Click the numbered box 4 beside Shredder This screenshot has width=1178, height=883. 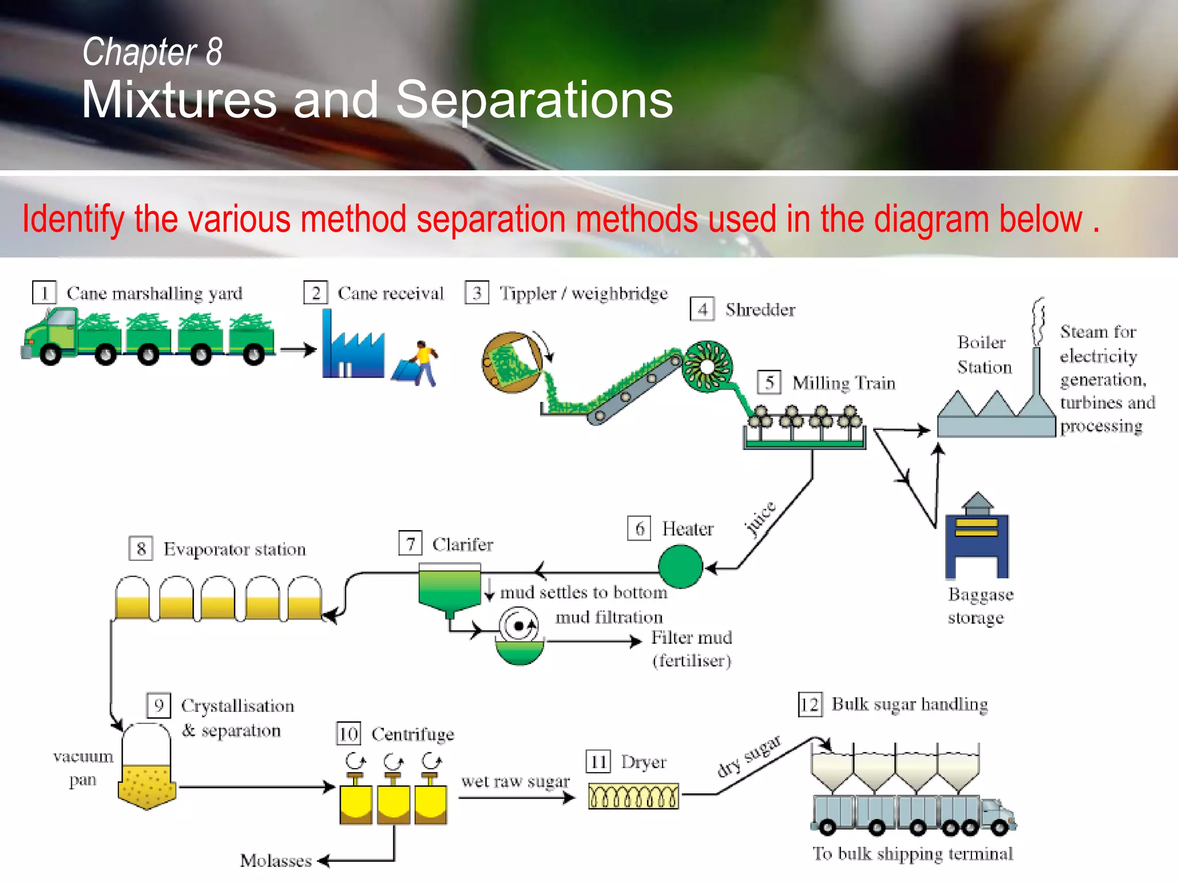pyautogui.click(x=702, y=309)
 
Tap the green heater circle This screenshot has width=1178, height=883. pyautogui.click(x=680, y=567)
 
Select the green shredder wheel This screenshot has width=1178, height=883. pyautogui.click(x=707, y=367)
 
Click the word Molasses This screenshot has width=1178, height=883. pyautogui.click(x=276, y=861)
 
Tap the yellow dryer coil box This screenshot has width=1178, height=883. pyautogui.click(x=633, y=796)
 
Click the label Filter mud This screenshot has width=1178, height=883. pyautogui.click(x=691, y=638)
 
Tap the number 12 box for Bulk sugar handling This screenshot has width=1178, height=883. pyautogui.click(x=810, y=704)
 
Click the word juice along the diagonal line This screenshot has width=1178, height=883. pyautogui.click(x=760, y=519)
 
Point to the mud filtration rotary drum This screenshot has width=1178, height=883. pyautogui.click(x=519, y=627)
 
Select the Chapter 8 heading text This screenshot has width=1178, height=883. pyautogui.click(x=152, y=52)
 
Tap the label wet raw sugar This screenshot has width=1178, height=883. pyautogui.click(x=515, y=781)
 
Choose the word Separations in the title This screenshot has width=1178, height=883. pyautogui.click(x=534, y=100)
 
